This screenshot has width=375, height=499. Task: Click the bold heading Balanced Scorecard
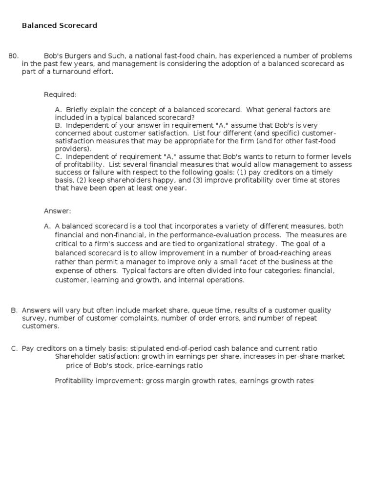point(59,25)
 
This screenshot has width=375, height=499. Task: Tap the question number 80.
point(14,56)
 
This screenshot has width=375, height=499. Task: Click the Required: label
point(61,95)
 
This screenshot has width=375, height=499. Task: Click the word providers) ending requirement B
point(73,149)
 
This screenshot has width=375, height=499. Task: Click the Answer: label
point(58,211)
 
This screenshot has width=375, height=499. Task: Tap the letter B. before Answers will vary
point(14,310)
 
